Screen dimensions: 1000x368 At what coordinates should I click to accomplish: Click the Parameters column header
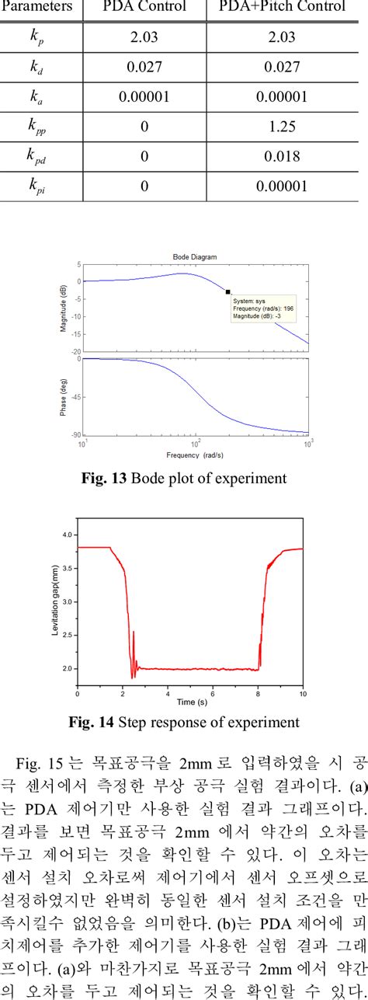(39, 7)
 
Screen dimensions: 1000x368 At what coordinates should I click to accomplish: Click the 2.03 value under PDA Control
(144, 37)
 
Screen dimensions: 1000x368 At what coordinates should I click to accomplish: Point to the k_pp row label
(36, 127)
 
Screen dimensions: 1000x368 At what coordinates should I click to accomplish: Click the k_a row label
(36, 97)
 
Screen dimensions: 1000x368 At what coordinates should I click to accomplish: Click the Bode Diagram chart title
(194, 256)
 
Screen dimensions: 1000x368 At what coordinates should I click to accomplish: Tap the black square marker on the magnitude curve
(227, 292)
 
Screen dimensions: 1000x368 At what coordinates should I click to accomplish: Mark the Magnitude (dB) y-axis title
(63, 308)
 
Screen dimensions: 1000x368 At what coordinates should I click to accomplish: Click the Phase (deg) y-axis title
(63, 396)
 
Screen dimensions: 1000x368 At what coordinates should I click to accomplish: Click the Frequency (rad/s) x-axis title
(195, 453)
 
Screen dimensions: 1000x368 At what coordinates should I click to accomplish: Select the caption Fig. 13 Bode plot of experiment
(194, 478)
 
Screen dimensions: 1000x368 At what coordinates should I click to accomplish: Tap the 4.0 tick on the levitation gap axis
(68, 535)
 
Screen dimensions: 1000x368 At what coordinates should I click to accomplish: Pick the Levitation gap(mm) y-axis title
(55, 603)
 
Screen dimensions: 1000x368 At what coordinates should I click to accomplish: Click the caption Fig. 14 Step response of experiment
(194, 723)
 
